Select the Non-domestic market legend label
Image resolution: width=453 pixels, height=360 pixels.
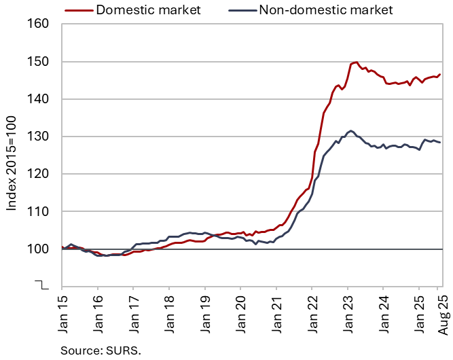(327, 10)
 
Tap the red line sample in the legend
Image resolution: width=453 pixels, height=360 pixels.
(78, 10)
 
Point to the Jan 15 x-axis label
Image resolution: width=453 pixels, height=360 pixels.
(62, 314)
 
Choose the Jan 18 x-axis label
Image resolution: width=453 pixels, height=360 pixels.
(169, 314)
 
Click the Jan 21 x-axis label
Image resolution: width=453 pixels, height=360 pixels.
(276, 314)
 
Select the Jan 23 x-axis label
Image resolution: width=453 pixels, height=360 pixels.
(348, 314)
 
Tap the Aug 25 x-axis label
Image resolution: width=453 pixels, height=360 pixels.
(440, 314)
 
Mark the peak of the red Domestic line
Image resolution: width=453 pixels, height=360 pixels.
(356, 62)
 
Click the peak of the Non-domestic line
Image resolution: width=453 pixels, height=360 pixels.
(350, 130)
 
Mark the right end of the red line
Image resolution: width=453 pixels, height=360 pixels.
(440, 74)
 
